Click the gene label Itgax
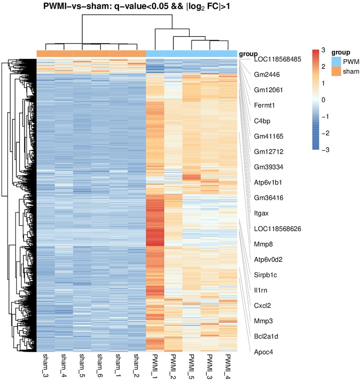261,213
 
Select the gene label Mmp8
263,244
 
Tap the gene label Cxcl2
262,306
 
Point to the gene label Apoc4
263,352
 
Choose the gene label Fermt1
265,105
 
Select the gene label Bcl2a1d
266,337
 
